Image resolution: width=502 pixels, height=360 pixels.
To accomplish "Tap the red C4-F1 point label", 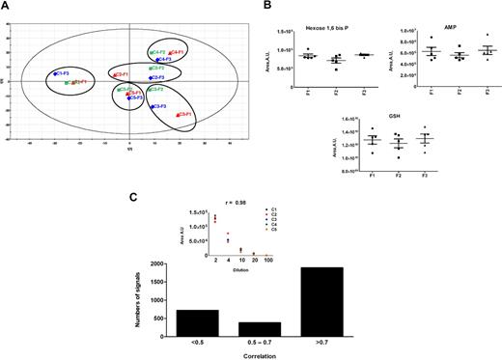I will pos(178,52).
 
